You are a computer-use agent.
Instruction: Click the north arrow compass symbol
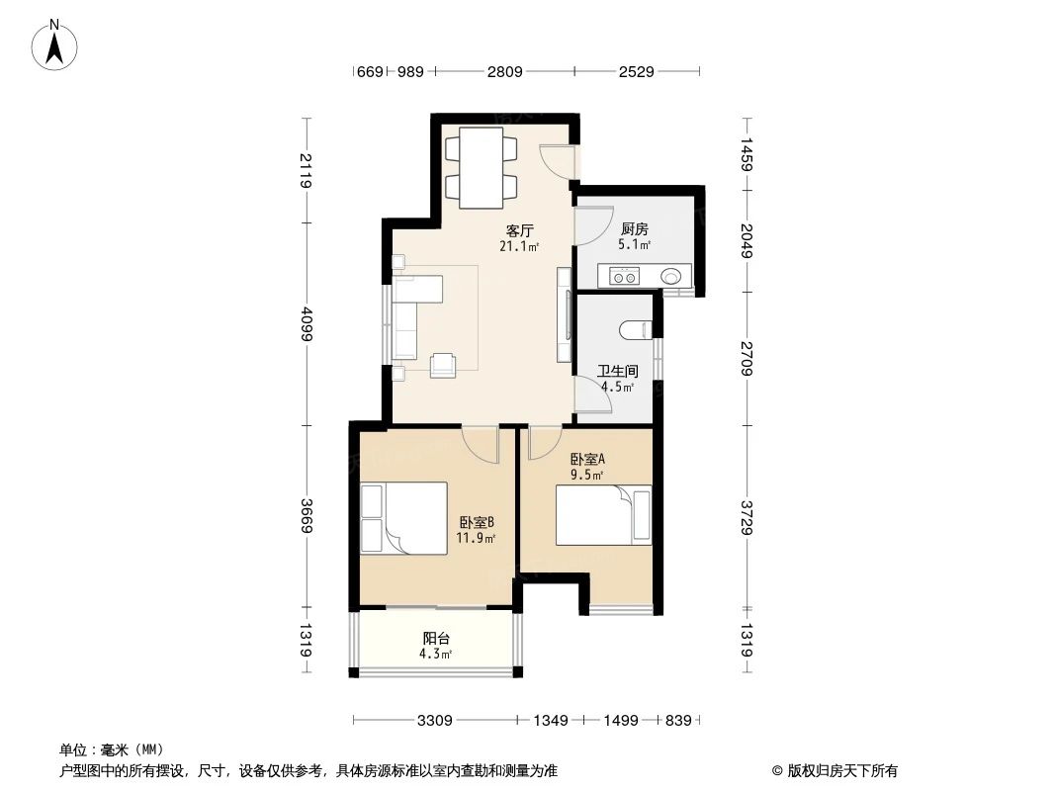click(x=56, y=44)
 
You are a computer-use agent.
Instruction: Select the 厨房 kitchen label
click(x=635, y=228)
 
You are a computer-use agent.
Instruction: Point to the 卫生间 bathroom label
click(x=618, y=372)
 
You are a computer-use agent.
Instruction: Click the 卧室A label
click(x=587, y=459)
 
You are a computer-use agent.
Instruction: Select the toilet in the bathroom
click(x=634, y=329)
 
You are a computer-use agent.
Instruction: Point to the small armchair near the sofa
click(x=444, y=365)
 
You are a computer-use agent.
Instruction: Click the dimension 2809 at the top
click(x=504, y=72)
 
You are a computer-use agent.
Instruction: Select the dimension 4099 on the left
click(x=307, y=322)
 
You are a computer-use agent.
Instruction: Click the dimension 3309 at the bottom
click(x=435, y=721)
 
